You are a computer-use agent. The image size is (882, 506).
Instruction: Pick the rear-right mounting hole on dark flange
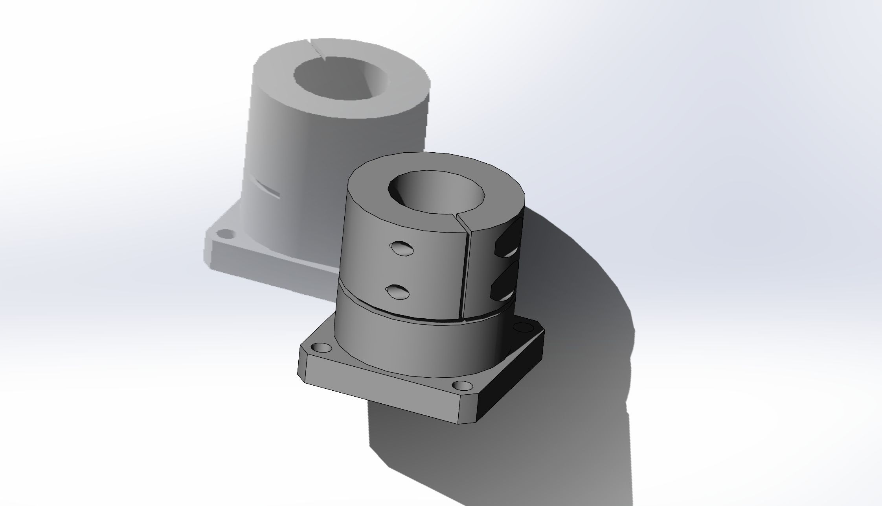click(x=522, y=327)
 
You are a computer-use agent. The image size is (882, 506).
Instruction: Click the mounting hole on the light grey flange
click(x=226, y=235)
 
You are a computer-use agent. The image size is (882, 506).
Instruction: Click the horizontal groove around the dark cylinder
click(x=393, y=310)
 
